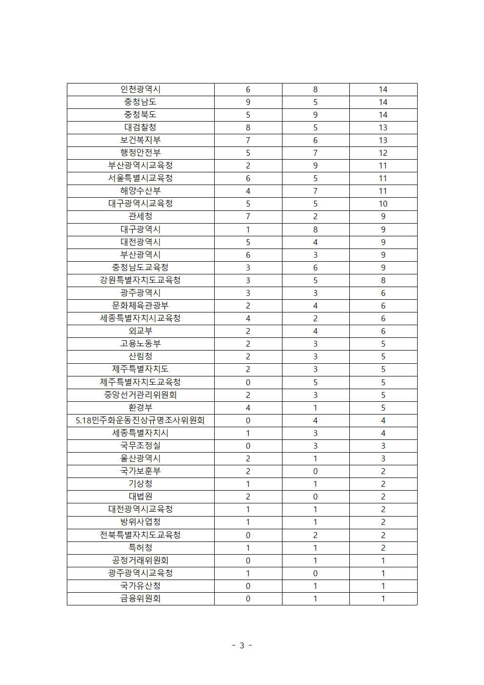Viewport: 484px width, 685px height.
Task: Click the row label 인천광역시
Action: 141,89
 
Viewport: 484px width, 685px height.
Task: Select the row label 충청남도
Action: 141,102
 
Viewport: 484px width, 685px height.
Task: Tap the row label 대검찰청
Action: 141,127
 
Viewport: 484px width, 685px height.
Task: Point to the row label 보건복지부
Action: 141,140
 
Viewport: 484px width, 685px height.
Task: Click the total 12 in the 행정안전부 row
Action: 383,153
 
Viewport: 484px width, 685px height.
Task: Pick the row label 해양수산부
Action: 141,191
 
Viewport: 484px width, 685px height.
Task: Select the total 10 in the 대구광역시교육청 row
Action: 383,204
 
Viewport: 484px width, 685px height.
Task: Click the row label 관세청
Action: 141,216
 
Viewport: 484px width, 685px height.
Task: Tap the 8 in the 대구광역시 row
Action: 315,229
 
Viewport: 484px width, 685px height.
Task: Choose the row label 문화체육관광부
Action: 141,306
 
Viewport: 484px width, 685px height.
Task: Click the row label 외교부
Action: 141,331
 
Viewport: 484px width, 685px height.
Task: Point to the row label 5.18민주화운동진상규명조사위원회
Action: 141,420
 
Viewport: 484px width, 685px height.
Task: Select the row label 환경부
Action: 141,408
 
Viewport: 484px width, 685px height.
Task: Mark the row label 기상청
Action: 141,484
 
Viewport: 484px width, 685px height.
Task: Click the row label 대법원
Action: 141,497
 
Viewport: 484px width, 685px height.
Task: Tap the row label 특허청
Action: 141,548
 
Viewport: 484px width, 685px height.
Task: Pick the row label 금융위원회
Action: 141,599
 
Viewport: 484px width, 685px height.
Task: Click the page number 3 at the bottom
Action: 242,645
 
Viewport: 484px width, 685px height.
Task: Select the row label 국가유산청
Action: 141,586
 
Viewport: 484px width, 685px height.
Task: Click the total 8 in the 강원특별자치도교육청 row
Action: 383,280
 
